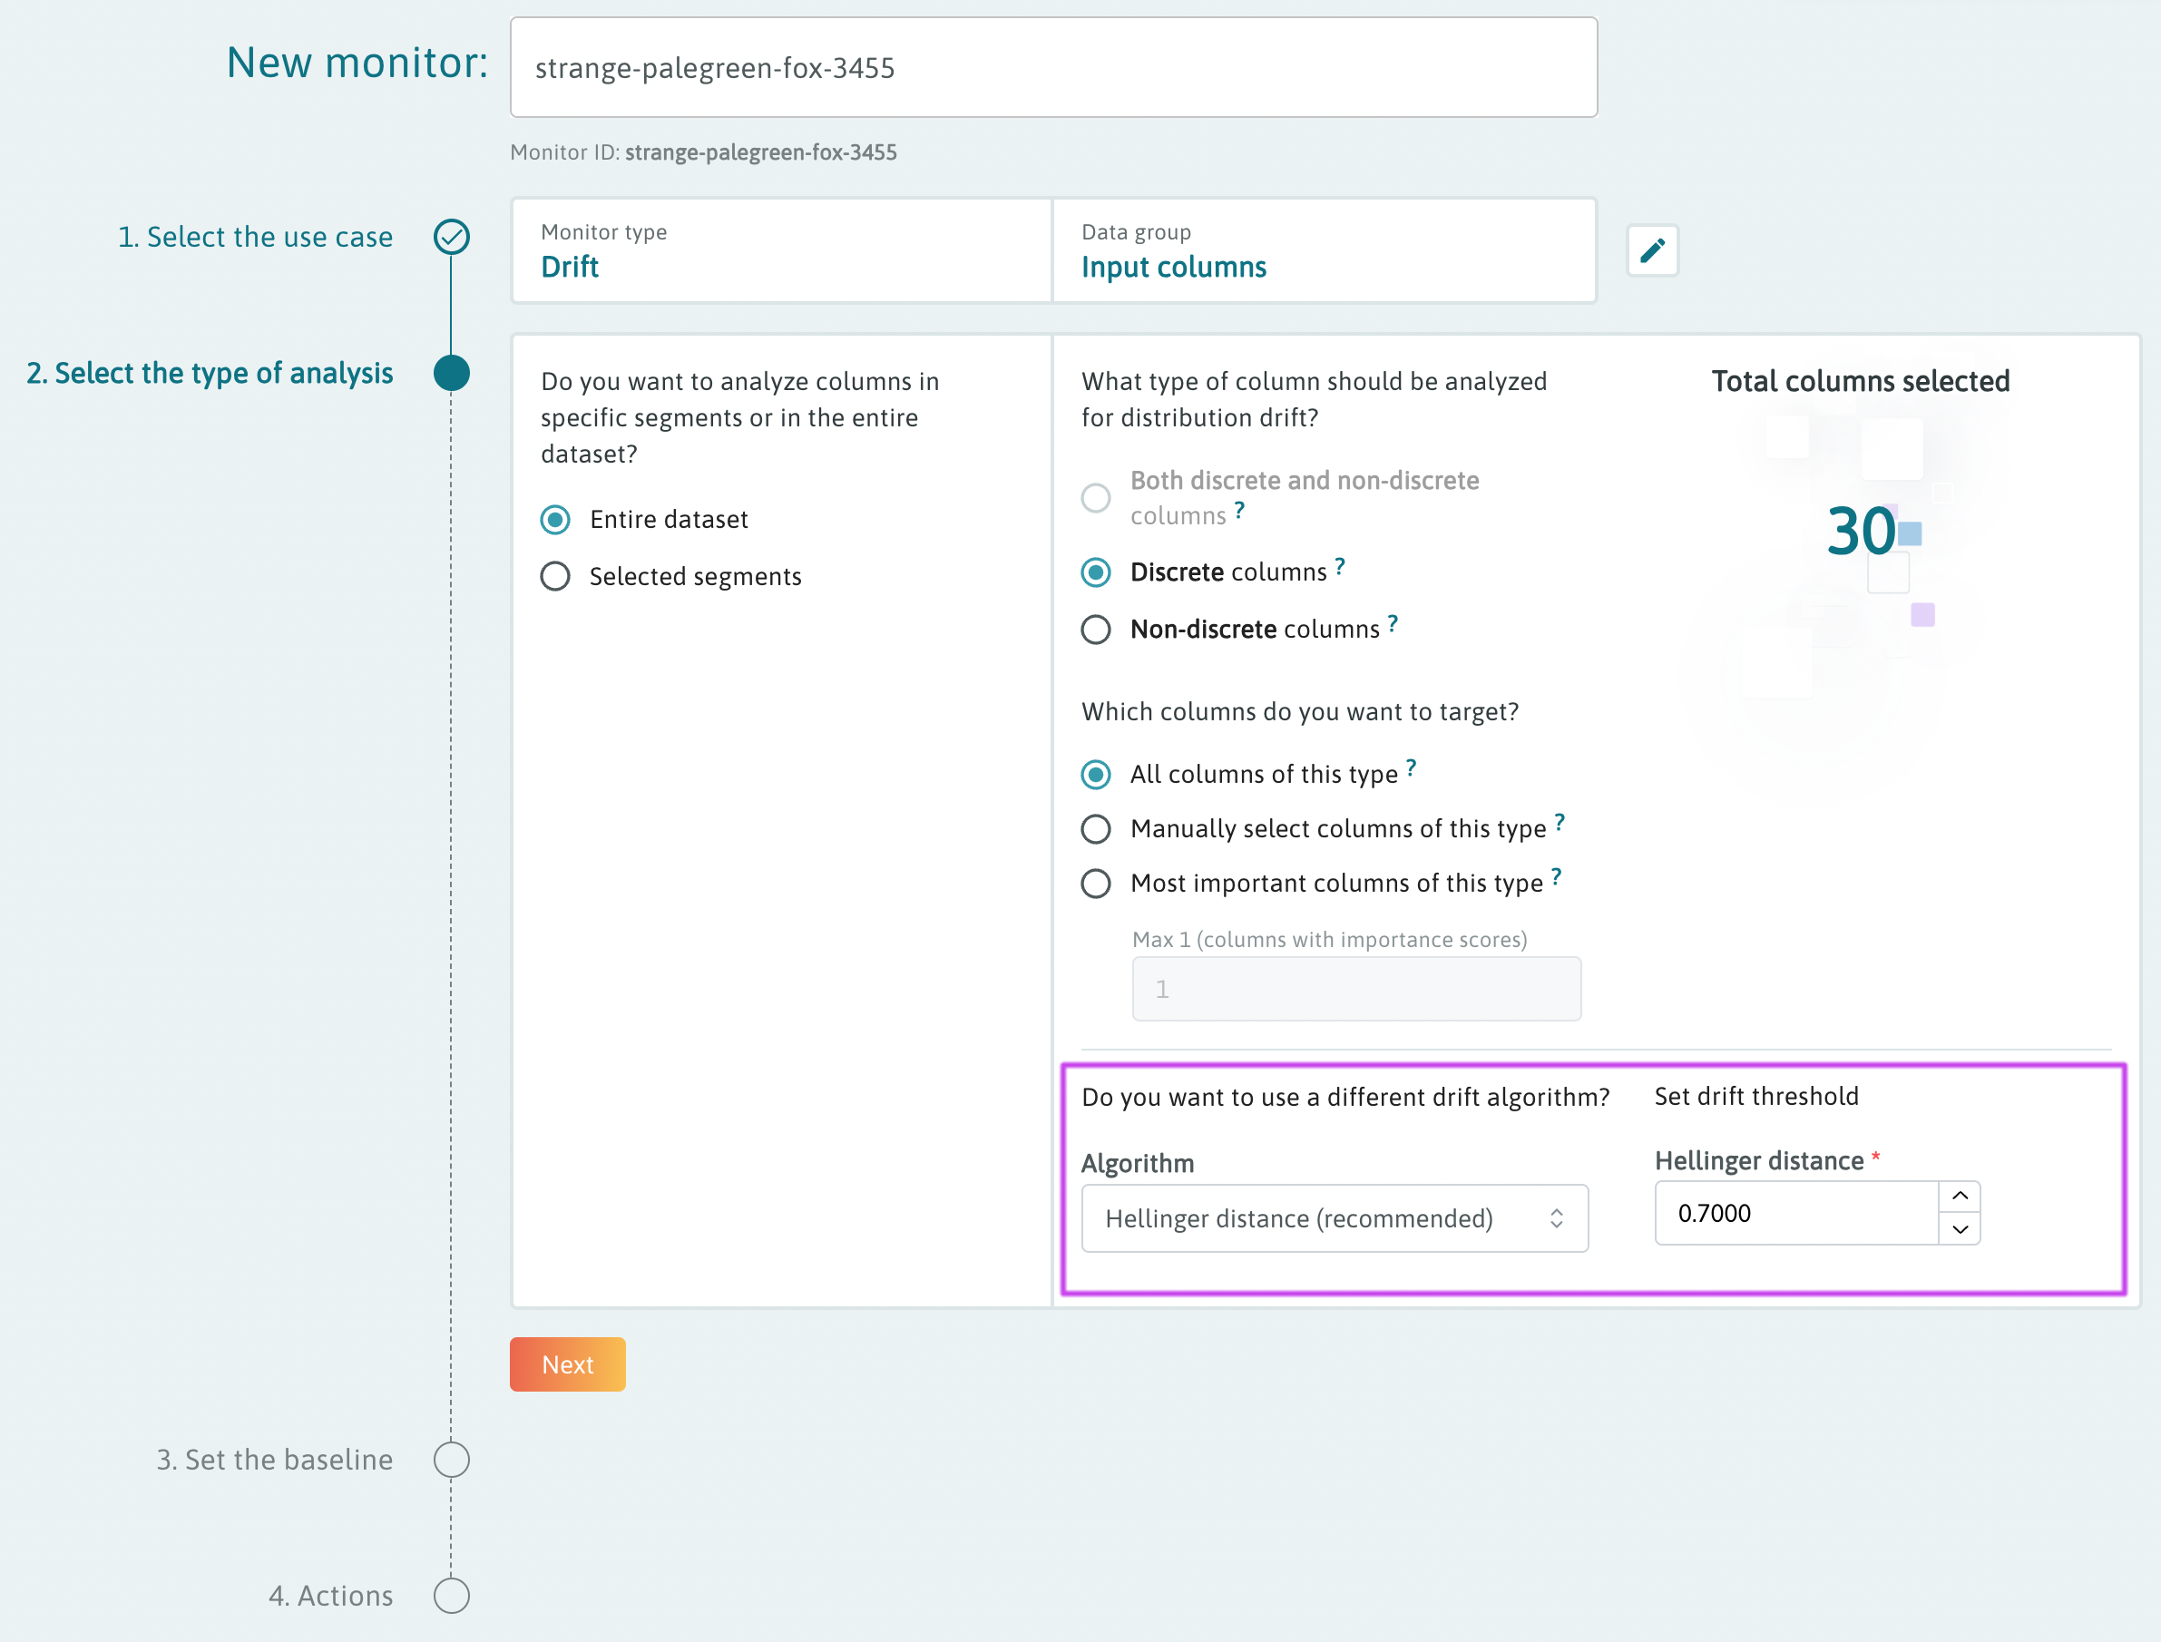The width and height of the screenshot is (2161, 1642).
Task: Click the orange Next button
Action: [567, 1363]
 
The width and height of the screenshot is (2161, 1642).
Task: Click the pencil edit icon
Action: [1652, 251]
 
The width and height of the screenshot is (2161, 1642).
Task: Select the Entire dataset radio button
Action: [555, 519]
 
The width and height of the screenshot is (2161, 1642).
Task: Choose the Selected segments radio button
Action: [555, 576]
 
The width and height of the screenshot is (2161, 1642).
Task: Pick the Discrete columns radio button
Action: [1096, 572]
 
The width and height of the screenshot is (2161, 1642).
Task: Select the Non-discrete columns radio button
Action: [1096, 630]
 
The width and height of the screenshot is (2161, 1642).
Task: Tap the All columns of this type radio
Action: [1096, 774]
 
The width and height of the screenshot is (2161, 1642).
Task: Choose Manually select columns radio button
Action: [1096, 829]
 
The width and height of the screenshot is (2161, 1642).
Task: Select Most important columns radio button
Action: [1096, 884]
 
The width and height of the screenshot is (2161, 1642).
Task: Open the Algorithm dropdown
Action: [1335, 1217]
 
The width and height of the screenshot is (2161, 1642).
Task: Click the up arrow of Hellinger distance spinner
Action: [1960, 1197]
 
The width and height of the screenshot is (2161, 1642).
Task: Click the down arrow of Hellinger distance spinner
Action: [1960, 1228]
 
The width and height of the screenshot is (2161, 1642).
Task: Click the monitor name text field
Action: [1052, 67]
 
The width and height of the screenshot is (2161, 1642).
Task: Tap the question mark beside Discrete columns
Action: [1340, 566]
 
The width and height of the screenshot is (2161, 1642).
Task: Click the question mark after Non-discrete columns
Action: [1393, 622]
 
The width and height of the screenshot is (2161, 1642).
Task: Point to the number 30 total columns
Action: [1860, 532]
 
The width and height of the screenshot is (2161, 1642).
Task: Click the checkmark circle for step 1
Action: [452, 237]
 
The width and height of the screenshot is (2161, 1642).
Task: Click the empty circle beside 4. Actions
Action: [452, 1595]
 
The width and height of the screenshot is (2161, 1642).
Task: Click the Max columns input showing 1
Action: [1355, 988]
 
